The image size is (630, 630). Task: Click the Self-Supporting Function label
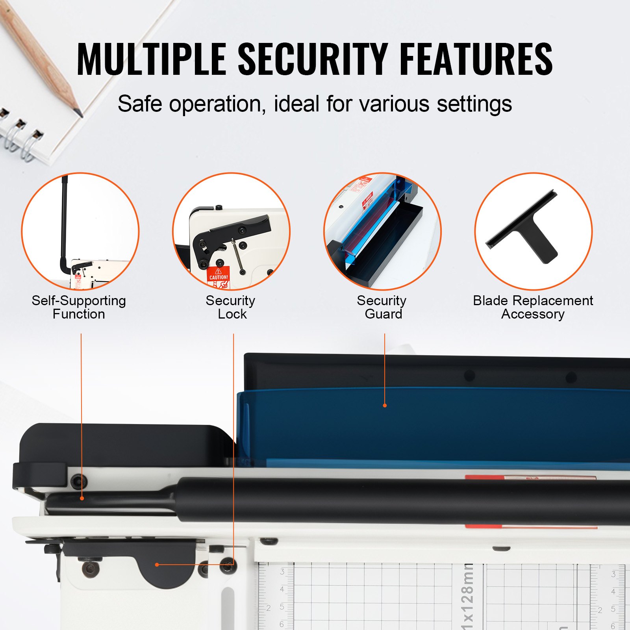point(79,308)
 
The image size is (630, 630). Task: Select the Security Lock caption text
point(231,308)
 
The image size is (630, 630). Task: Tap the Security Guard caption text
point(382,308)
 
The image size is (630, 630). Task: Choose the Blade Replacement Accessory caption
point(533,308)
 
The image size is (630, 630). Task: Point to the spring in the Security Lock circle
point(237,255)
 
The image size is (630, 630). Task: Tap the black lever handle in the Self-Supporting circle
point(64,220)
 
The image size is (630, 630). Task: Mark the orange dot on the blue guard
point(385,405)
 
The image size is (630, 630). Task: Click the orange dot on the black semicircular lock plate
point(157,565)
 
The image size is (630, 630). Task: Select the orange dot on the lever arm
point(82,498)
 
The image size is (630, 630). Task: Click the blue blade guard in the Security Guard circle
point(366,228)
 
